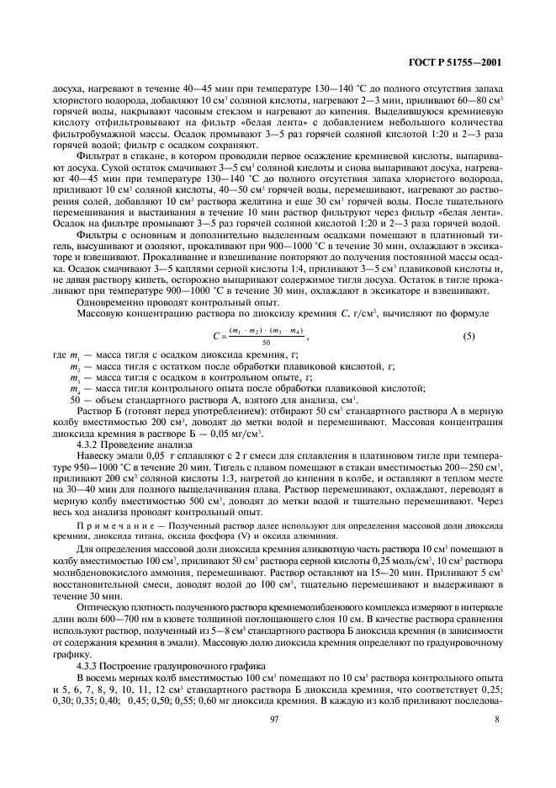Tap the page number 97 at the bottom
(273, 743)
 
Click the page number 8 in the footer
(499, 743)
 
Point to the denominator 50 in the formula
(266, 343)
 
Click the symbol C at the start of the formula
(215, 337)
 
